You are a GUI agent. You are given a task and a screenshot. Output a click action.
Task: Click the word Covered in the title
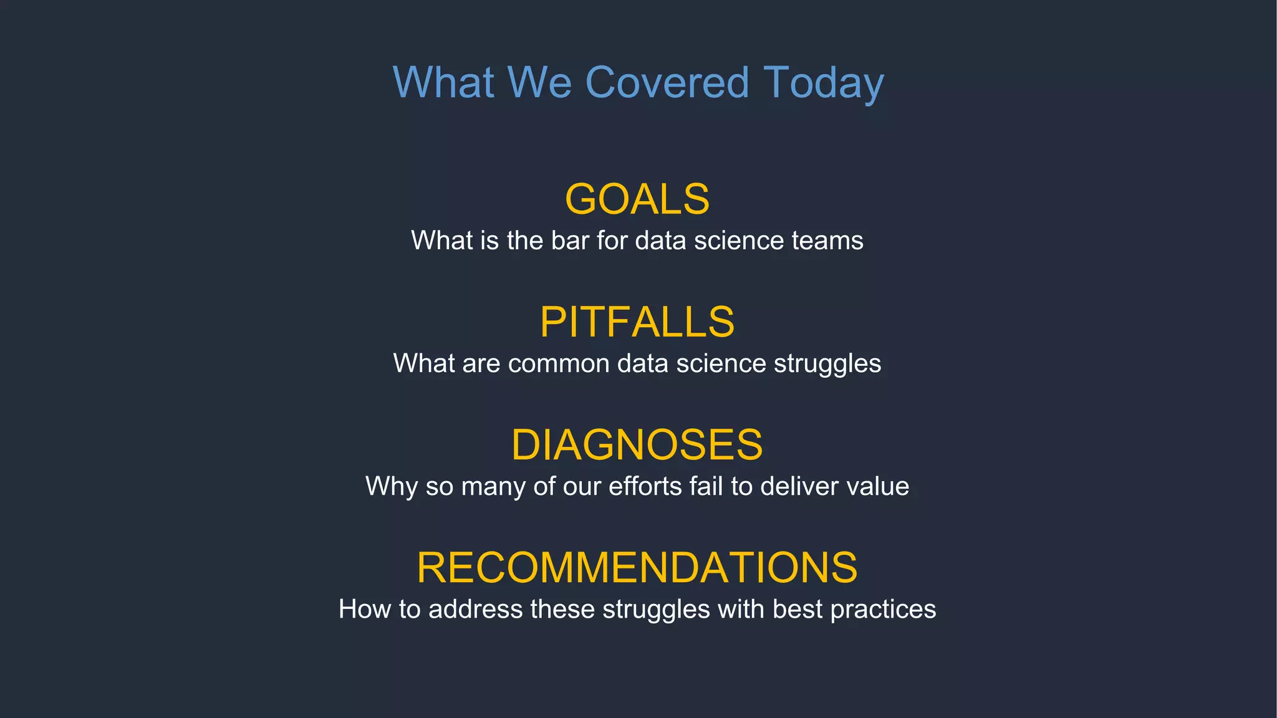[x=667, y=82]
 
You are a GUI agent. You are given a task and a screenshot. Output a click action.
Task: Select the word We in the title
[x=539, y=82]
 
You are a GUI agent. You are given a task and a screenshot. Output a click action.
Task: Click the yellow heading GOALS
[x=637, y=199]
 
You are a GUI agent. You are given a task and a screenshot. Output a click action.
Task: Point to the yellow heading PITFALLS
[x=637, y=322]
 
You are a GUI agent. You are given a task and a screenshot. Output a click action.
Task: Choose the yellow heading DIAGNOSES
[x=637, y=445]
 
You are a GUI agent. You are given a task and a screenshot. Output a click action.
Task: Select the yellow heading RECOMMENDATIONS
[x=637, y=568]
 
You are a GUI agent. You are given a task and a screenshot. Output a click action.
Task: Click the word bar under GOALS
[x=570, y=241]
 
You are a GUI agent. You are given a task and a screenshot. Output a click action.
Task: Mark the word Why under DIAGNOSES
[x=391, y=487]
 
